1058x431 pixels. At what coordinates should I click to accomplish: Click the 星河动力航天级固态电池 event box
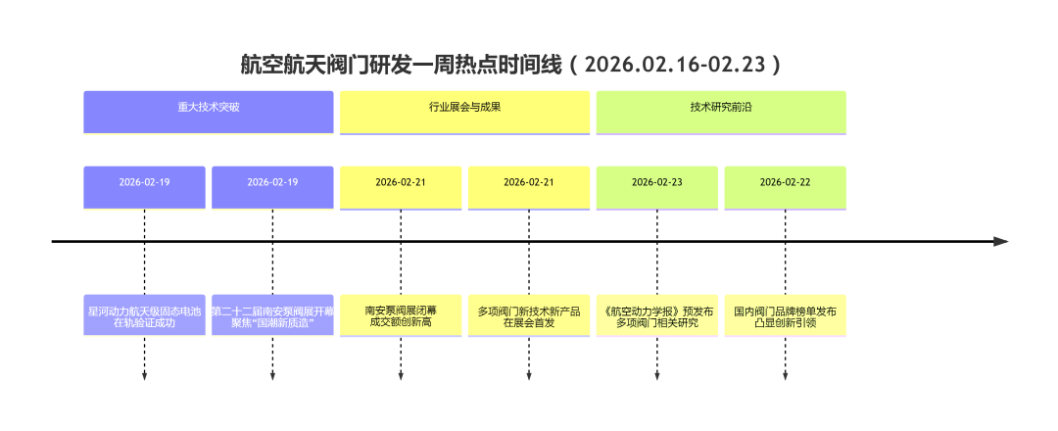click(145, 315)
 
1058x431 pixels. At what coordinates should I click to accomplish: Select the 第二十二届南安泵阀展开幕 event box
click(272, 315)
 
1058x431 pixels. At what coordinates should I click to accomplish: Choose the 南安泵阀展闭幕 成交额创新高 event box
click(401, 315)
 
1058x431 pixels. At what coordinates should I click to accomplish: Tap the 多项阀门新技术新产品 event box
click(529, 315)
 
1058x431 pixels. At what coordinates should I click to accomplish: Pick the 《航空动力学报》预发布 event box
click(657, 315)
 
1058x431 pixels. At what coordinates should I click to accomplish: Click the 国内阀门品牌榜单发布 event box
click(785, 315)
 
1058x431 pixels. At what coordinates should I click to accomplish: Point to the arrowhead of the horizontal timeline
click(1000, 241)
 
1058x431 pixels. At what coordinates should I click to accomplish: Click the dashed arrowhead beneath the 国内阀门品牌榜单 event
click(785, 376)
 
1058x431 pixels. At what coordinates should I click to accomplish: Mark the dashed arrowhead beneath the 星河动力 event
click(145, 376)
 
